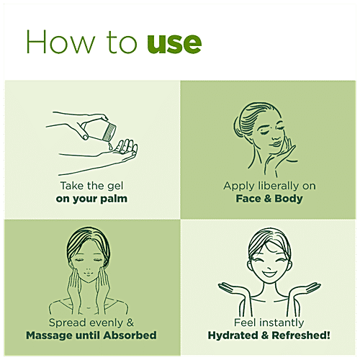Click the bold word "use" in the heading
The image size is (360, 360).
(174, 43)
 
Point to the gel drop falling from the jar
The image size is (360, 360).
(110, 146)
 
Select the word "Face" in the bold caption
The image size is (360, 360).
(248, 199)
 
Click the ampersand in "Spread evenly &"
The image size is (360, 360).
(130, 323)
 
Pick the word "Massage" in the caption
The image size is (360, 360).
(49, 336)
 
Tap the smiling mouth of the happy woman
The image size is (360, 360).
(269, 274)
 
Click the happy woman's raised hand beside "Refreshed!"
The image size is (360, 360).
(305, 289)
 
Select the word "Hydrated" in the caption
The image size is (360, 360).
(233, 336)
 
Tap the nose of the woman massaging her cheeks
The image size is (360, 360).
(89, 269)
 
